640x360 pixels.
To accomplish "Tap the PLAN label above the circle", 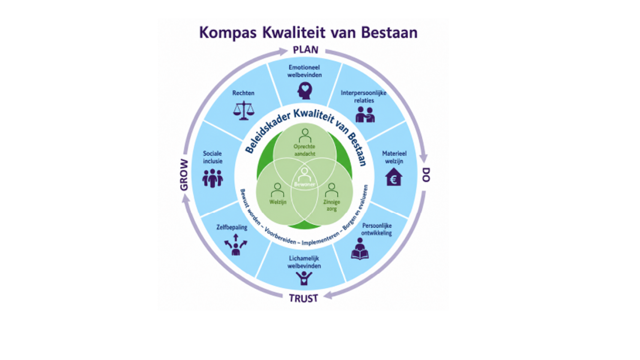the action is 306,50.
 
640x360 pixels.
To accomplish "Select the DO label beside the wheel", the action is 426,174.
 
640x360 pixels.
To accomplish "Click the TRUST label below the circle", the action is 303,298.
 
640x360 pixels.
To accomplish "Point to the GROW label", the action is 184,175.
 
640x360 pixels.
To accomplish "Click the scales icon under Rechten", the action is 243,110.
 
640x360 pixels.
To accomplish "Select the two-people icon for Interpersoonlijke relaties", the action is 365,115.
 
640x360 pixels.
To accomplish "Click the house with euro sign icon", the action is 394,177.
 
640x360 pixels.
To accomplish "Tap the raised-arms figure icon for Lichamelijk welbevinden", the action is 304,278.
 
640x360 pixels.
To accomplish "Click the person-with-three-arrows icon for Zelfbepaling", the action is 236,245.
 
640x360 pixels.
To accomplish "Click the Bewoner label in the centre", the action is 305,184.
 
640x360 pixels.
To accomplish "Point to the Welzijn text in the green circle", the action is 278,202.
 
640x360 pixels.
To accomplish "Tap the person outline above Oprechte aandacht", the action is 305,136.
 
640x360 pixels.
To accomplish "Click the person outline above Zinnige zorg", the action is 331,190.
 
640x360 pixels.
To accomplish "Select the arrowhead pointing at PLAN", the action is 283,51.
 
